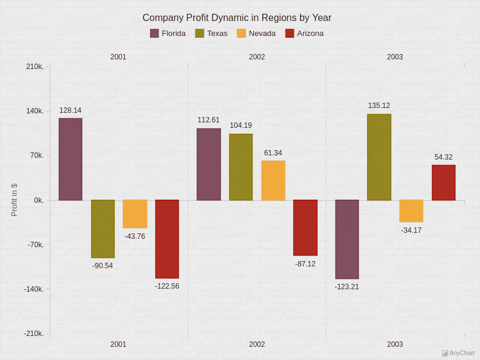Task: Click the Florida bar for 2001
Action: (x=70, y=159)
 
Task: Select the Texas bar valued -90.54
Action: (x=103, y=229)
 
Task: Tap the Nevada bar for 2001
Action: (x=135, y=214)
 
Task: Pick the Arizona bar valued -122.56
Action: (x=167, y=239)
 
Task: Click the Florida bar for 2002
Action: (x=209, y=164)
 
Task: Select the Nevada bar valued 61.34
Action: (x=273, y=180)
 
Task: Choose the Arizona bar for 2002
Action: (x=305, y=227)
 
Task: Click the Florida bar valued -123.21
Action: (x=347, y=239)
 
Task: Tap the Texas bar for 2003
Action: (x=379, y=157)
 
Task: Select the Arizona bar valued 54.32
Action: (x=443, y=182)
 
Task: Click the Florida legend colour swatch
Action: (x=155, y=34)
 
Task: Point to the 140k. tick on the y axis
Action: (x=34, y=111)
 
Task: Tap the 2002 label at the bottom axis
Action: (x=257, y=344)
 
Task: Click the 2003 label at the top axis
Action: (x=395, y=57)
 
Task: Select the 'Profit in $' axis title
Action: (x=14, y=200)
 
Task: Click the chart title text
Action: (x=236, y=18)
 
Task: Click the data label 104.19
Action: (x=241, y=125)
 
